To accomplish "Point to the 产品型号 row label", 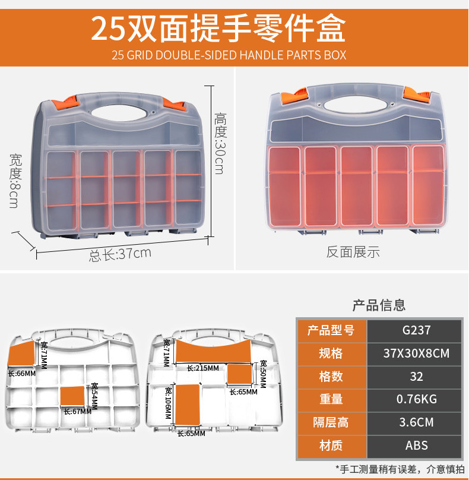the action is pyautogui.click(x=331, y=330).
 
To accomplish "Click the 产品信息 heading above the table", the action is pyautogui.click(x=379, y=305).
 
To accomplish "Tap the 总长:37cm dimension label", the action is pyautogui.click(x=120, y=254).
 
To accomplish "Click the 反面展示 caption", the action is pyautogui.click(x=353, y=252).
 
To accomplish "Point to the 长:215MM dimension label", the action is pyautogui.click(x=202, y=368).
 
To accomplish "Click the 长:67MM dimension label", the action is pyautogui.click(x=78, y=411).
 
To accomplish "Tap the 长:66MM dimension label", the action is pyautogui.click(x=22, y=374).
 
